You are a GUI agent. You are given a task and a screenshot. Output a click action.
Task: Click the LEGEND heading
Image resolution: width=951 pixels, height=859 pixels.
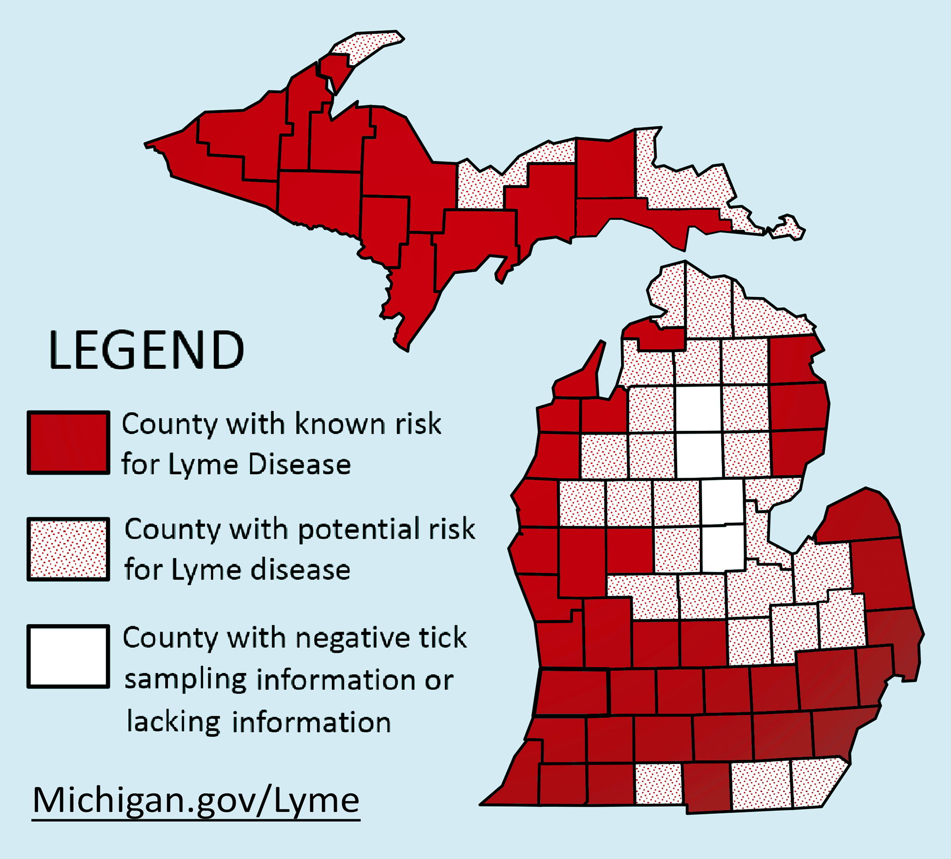click(147, 350)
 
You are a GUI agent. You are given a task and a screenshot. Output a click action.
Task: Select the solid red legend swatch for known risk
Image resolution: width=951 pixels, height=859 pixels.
click(68, 443)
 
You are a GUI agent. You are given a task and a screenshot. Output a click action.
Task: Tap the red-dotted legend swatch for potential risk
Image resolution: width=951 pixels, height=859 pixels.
click(68, 549)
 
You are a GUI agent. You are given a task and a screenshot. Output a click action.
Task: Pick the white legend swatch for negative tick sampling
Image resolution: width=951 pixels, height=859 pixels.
click(68, 656)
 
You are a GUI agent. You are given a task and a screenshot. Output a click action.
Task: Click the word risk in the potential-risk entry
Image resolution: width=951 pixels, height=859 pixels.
click(451, 529)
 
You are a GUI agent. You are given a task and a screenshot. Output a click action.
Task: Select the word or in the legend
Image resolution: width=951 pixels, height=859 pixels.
click(439, 680)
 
